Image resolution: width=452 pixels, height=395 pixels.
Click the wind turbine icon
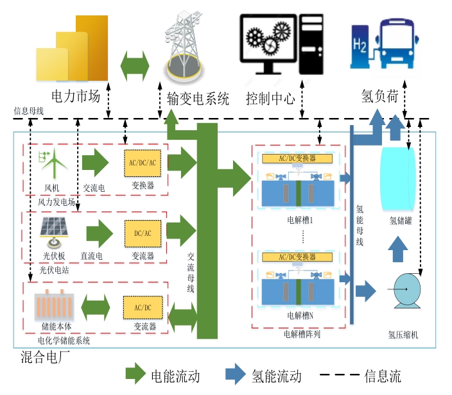[x=55, y=163]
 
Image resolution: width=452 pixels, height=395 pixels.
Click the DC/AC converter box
[x=143, y=232]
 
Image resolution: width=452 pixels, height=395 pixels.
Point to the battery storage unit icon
[x=55, y=304]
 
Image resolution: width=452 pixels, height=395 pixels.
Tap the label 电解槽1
[x=299, y=219]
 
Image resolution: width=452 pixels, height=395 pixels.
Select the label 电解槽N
[x=300, y=315]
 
